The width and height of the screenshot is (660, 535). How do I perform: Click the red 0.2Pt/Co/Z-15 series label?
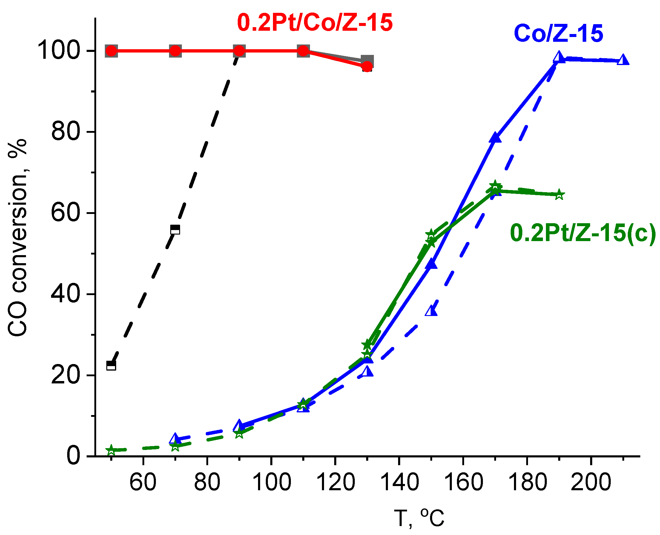coord(314,22)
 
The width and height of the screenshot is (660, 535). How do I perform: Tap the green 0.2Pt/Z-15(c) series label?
coord(583,233)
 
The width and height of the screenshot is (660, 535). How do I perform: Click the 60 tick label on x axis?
coord(143,482)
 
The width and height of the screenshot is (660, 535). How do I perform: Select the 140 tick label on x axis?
coord(400,482)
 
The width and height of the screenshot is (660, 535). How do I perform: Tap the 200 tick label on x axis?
coord(591,482)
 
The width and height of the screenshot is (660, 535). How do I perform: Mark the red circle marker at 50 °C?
coord(111,51)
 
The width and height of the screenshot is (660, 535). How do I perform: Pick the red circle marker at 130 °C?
coord(367,66)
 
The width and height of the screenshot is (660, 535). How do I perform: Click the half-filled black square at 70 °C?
coord(175,229)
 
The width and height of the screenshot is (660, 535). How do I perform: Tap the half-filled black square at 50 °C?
coord(111,366)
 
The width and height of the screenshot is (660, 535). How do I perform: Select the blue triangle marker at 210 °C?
coord(623,60)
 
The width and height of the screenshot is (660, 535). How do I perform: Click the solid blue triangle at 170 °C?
coord(495,138)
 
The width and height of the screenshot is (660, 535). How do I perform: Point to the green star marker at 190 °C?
coord(559,195)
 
